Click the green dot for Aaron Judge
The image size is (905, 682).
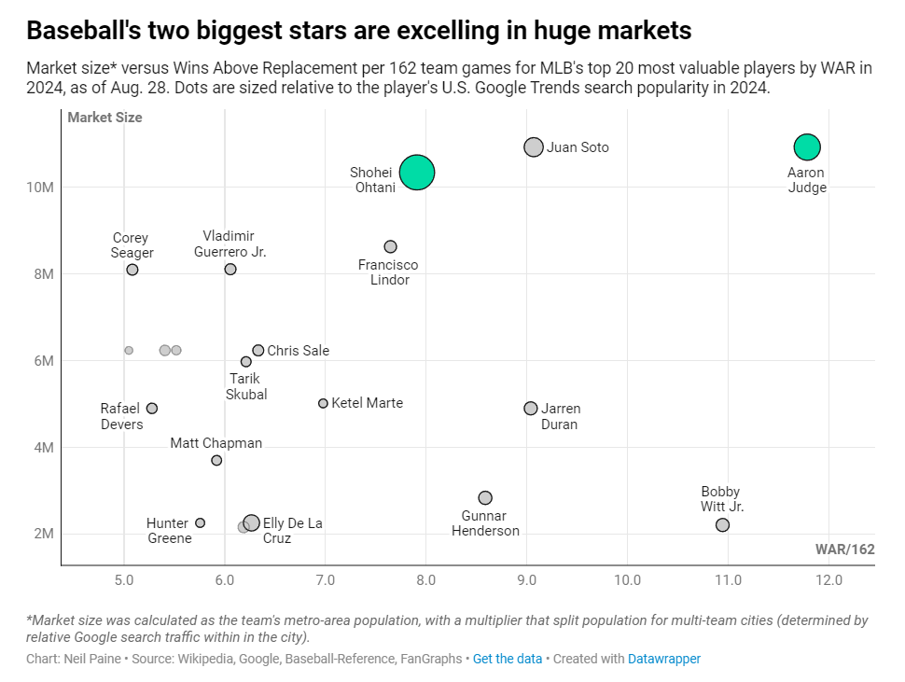coord(807,146)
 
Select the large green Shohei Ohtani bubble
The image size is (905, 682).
coord(417,172)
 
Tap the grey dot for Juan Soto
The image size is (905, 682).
coord(534,146)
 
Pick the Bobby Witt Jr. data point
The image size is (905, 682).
coord(722,525)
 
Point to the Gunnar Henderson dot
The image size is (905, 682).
coord(485,498)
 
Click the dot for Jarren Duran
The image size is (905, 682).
coord(531,409)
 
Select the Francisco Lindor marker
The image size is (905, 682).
coord(391,246)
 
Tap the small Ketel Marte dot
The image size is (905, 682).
coord(324,403)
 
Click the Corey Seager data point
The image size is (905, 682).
coord(132,270)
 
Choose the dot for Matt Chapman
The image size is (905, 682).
coord(216,460)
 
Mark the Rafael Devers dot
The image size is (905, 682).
coord(152,409)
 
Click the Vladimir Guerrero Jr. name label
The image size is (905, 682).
coord(230,244)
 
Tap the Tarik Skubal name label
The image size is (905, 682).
coord(246,386)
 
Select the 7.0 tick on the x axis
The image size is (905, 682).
coord(325,579)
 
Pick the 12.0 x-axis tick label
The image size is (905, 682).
coord(828,579)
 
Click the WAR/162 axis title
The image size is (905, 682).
coord(845,549)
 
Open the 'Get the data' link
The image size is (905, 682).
coord(508,659)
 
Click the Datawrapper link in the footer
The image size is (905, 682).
coord(664,659)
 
